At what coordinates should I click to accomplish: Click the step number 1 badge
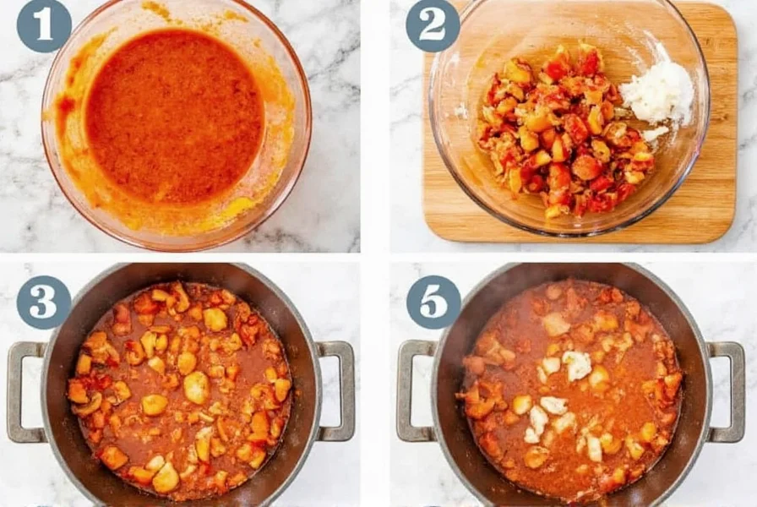point(44,25)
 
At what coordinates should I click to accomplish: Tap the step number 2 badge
point(433,25)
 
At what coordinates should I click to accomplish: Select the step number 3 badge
point(44,303)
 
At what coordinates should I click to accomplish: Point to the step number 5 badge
point(433,303)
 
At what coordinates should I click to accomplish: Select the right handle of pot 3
point(337,390)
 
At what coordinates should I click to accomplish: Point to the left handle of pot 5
point(414,390)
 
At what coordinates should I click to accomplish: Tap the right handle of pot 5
point(727,390)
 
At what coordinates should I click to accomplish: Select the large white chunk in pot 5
point(578,365)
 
